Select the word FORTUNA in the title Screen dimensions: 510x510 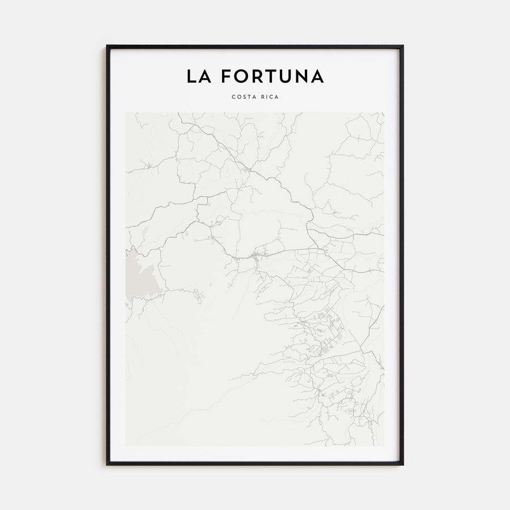tap(272, 76)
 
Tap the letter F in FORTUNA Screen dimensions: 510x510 tap(225, 76)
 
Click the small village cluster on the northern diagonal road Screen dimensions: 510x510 tap(246, 168)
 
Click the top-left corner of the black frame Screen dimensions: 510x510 tap(107, 46)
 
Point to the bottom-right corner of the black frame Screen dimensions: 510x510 tap(403, 465)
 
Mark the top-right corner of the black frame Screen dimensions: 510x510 tap(403, 46)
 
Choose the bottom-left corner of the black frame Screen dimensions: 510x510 tap(107, 465)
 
